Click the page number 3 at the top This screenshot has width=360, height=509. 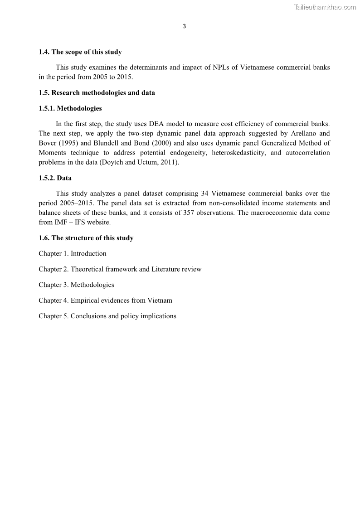184,26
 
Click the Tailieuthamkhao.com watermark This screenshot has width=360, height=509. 325,7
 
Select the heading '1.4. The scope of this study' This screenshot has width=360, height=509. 80,52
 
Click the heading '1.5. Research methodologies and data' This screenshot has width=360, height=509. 97,93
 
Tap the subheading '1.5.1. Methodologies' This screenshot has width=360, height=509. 70,109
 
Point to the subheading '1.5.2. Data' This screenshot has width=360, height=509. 55,178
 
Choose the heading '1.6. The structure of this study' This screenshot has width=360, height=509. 86,238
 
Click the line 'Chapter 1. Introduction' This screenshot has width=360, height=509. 73,253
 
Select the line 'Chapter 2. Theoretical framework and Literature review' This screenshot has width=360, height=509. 120,269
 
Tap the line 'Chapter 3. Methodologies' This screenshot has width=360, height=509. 76,285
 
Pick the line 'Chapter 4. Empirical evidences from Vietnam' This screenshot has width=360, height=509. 105,301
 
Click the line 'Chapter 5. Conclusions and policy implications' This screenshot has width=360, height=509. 107,316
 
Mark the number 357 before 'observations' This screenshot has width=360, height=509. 190,213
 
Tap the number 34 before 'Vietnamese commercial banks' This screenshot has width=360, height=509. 204,194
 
